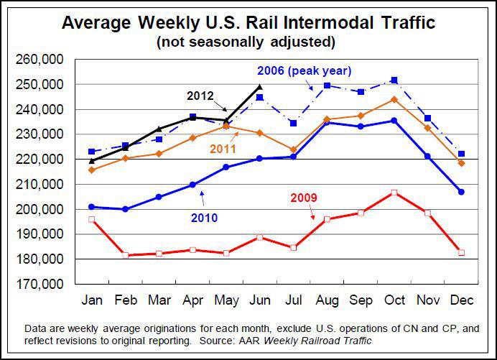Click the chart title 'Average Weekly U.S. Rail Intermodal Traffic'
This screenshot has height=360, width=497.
(x=249, y=23)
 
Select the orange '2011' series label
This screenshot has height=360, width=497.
(x=226, y=148)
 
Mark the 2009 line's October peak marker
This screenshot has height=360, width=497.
(x=394, y=193)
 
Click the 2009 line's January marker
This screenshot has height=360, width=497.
(x=91, y=219)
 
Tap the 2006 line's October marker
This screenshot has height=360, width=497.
(x=394, y=80)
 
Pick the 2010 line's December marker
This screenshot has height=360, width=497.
(x=461, y=192)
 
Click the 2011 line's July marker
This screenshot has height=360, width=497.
(x=293, y=149)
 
